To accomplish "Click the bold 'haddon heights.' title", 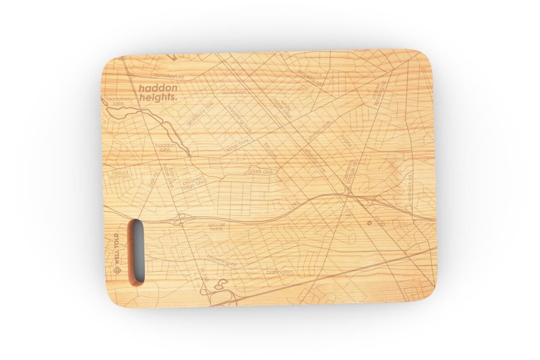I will coord(158,92).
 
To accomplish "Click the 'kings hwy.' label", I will coord(238,144).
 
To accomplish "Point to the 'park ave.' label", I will coord(262,171).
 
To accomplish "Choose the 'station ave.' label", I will coord(320,130).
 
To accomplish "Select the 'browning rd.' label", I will coord(222,260).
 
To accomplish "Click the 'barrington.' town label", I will coord(280,272).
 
